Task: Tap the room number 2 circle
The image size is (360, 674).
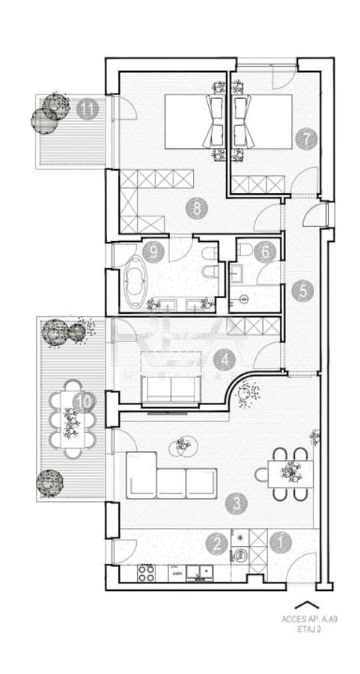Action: (x=216, y=543)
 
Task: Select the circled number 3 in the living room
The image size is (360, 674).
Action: (x=237, y=503)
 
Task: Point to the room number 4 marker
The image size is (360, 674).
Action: (x=224, y=361)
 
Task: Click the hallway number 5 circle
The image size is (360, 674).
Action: (x=302, y=291)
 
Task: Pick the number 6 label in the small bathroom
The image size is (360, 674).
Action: (x=263, y=252)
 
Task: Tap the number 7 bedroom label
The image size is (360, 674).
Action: (x=305, y=139)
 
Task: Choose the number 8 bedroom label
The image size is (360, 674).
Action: (x=197, y=209)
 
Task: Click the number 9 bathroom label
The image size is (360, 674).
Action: (x=154, y=252)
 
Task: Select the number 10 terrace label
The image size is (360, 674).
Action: (x=84, y=402)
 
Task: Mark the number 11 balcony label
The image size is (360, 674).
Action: (x=87, y=109)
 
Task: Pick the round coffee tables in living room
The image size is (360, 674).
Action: (x=180, y=447)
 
